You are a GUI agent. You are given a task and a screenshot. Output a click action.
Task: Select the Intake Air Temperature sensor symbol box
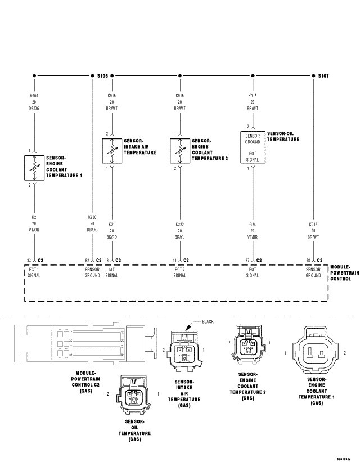coord(112,151)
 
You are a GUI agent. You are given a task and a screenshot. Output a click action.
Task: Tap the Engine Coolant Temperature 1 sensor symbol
coord(35,168)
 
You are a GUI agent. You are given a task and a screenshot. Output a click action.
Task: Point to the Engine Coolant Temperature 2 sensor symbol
coord(180,151)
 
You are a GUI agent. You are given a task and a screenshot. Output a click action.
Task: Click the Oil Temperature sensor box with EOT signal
coord(253,147)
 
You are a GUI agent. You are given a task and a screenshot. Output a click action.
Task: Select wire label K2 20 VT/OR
coord(35,223)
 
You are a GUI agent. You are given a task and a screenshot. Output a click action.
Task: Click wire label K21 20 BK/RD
coord(112,231)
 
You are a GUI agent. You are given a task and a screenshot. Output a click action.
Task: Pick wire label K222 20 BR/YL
coord(180,231)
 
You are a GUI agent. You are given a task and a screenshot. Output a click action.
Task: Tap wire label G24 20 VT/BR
coord(253,231)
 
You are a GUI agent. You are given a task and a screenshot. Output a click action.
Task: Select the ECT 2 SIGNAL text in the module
coord(180,272)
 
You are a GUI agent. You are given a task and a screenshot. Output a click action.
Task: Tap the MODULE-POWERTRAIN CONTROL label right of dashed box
coord(343,272)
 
